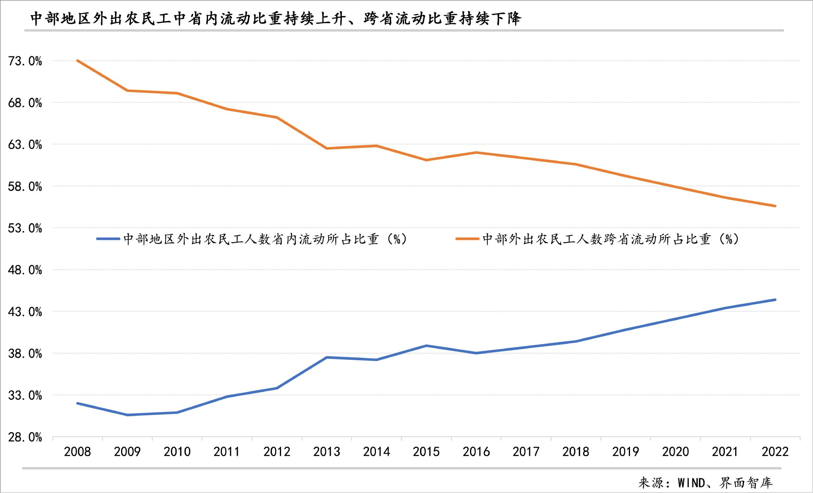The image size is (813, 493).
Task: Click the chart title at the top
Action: [275, 19]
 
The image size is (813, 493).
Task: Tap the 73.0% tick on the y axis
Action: [25, 61]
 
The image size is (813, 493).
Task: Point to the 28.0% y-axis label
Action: [25, 437]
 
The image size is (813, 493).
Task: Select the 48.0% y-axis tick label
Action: [25, 270]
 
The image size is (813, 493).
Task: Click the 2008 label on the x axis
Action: [77, 451]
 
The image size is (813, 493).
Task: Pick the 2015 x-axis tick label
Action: [426, 451]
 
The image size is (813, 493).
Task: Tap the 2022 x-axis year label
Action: [775, 451]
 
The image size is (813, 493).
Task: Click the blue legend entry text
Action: [265, 239]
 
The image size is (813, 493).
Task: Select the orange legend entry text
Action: [611, 239]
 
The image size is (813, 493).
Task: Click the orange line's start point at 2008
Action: [77, 61]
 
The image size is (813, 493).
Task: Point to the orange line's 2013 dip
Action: [327, 148]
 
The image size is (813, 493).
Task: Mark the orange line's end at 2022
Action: [775, 206]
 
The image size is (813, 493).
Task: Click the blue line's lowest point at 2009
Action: [127, 415]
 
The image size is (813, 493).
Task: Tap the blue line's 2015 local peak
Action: [426, 345]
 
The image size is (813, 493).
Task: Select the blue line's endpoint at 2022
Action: [775, 300]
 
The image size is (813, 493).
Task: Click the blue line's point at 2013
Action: [327, 357]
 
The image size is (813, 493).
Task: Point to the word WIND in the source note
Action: [691, 483]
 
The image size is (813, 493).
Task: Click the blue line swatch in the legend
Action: [108, 239]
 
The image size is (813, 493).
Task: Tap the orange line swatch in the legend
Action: [467, 239]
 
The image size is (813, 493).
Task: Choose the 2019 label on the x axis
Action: [626, 451]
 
